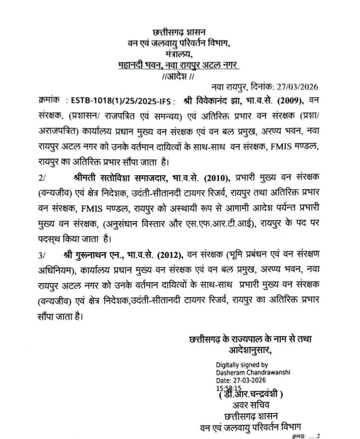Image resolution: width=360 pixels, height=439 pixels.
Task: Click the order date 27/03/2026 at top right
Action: [303, 87]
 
